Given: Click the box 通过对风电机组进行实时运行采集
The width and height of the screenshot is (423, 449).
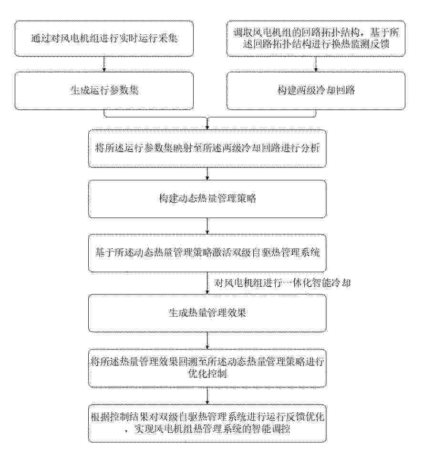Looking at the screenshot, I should tap(104, 38).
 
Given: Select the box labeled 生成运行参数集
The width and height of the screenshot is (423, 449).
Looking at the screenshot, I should tap(104, 90).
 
